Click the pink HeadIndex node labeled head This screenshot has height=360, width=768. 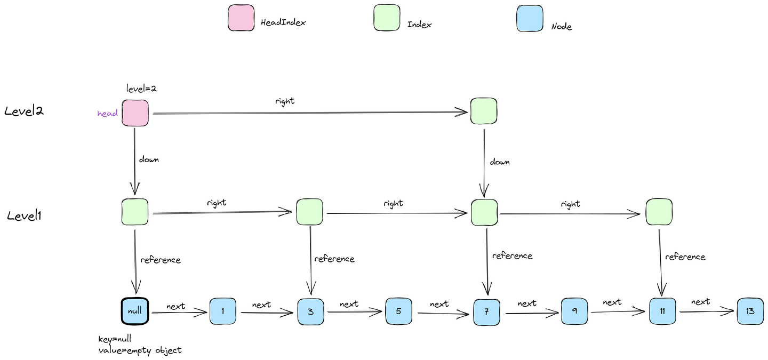[x=135, y=113]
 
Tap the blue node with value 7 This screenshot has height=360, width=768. [x=486, y=311]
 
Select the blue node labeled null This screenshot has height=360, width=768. [x=135, y=310]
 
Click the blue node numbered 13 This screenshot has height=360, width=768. [x=750, y=311]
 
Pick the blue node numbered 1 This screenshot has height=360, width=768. [x=223, y=311]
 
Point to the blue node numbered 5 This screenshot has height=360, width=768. [x=398, y=311]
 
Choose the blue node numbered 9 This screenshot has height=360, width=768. [x=574, y=311]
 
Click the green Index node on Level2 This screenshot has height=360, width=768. [x=484, y=111]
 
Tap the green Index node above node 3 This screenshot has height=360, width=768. [x=309, y=212]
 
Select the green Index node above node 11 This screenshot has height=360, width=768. [x=659, y=212]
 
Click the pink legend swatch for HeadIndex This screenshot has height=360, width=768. [x=241, y=19]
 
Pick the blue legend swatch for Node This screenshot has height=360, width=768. [x=530, y=19]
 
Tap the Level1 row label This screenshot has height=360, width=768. [x=24, y=216]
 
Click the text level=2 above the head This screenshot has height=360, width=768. [x=141, y=88]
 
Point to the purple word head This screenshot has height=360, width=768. [x=107, y=114]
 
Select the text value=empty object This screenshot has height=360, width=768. [x=140, y=350]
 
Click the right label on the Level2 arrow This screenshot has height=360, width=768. [x=285, y=101]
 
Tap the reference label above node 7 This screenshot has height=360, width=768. [x=512, y=255]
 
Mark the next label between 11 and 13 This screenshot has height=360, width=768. [x=700, y=301]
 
